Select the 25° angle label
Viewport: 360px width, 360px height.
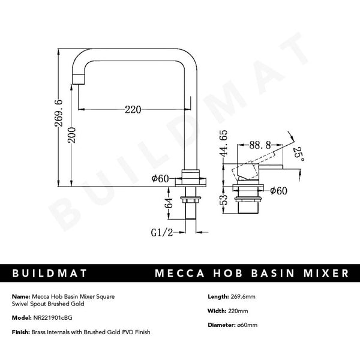click(298, 155)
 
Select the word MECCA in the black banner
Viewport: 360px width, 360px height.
click(179, 274)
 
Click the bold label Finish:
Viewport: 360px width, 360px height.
click(20, 332)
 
